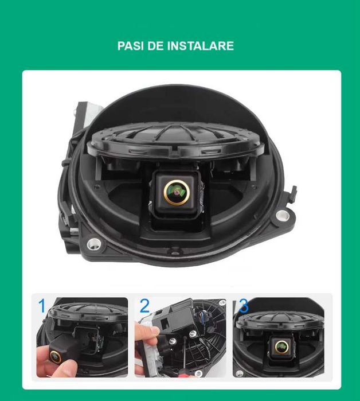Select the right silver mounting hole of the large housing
pyautogui.click(x=281, y=215)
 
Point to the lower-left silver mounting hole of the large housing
pyautogui.click(x=91, y=244)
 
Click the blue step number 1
pyautogui.click(x=42, y=306)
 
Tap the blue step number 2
pyautogui.click(x=144, y=306)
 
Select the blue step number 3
pyautogui.click(x=244, y=306)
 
